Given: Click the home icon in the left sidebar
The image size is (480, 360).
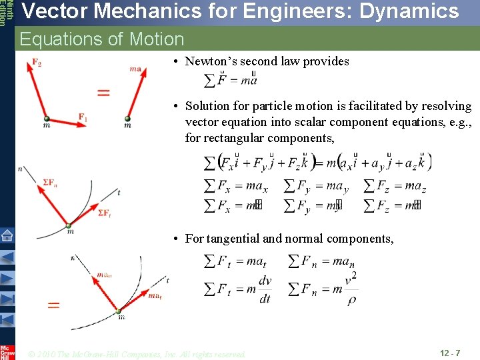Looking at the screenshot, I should coord(7,235).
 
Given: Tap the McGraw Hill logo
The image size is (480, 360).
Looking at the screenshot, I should coord(7,351).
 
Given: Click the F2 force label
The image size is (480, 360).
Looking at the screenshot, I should coord(36,63).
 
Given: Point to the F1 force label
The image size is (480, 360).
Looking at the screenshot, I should coord(83,117).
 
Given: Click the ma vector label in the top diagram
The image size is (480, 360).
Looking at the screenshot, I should coord(135,67).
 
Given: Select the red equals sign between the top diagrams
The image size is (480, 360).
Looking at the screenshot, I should coord(103,93).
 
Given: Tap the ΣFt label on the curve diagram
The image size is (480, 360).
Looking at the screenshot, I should coord(104,213).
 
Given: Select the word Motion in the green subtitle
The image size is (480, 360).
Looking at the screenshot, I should coord(157,39).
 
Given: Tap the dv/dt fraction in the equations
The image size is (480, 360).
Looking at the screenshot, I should coord(265,289).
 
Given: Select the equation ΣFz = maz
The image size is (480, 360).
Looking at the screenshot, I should coord(395,187).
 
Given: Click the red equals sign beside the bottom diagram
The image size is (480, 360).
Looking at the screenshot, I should coord(53,305).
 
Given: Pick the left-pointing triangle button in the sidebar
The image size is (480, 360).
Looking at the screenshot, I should coord(7,257).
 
